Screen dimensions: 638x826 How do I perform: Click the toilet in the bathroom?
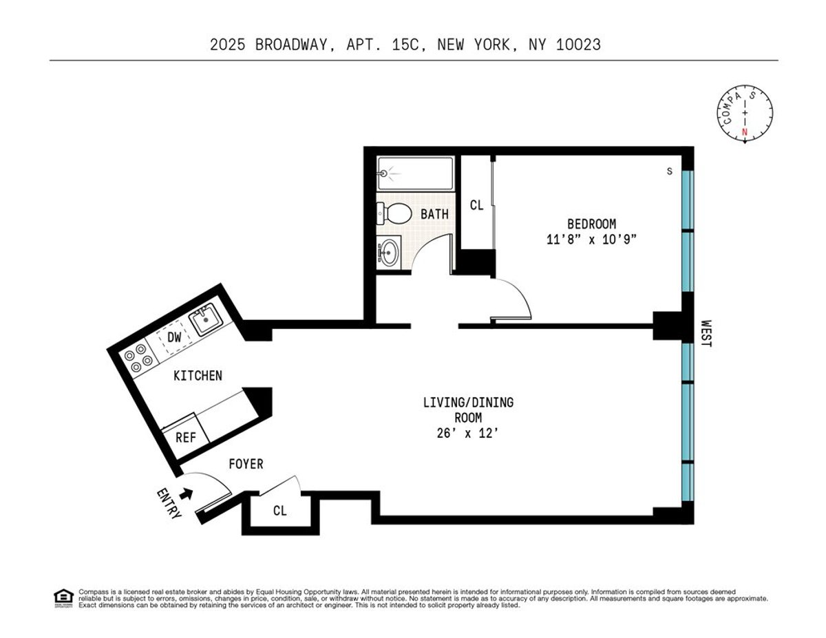coord(392,213)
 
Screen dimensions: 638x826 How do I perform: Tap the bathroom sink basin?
coord(389,253)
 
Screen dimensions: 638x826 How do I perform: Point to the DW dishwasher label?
coord(175,337)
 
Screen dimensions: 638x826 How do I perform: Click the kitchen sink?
coord(204,321)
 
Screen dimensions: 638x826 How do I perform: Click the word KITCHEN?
coord(198,375)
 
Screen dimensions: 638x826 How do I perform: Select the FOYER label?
coord(246,464)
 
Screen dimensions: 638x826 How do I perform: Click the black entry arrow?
coord(186,493)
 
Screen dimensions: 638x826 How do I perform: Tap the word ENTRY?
coord(168,504)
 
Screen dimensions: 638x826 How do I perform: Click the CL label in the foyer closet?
coord(279,511)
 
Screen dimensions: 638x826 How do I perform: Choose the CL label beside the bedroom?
coord(476,205)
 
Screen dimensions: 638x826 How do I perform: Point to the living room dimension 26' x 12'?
coord(468,434)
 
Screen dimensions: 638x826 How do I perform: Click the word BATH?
coord(434,214)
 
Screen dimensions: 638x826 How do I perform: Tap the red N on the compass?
coord(743,132)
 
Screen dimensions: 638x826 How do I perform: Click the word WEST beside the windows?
coord(706,332)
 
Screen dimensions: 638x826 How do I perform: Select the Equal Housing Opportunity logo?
coord(63,597)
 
